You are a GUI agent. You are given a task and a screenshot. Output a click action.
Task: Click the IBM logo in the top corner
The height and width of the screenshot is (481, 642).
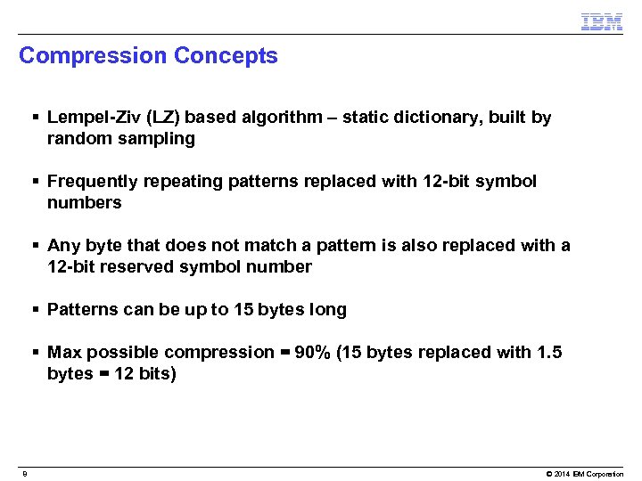click(x=601, y=21)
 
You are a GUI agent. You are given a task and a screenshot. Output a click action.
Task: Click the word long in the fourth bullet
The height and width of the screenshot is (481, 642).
click(x=326, y=310)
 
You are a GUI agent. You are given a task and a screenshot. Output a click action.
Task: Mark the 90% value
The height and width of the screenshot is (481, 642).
click(x=311, y=353)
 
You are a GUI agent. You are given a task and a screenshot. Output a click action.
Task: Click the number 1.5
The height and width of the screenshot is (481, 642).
click(x=548, y=353)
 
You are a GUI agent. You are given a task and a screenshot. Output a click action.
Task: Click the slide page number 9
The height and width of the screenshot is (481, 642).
click(x=25, y=474)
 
